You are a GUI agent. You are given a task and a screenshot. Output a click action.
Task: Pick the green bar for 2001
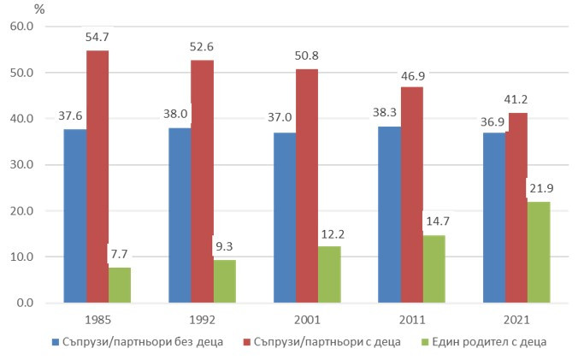(x=329, y=274)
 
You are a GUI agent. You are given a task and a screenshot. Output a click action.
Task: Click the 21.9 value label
(x=540, y=189)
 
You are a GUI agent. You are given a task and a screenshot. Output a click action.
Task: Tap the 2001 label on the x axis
(x=307, y=321)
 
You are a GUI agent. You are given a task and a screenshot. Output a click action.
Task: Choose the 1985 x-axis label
(x=97, y=321)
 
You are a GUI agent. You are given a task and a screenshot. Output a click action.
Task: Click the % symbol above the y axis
(x=39, y=9)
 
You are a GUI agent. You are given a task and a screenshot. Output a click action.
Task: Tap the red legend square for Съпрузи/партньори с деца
(x=246, y=342)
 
